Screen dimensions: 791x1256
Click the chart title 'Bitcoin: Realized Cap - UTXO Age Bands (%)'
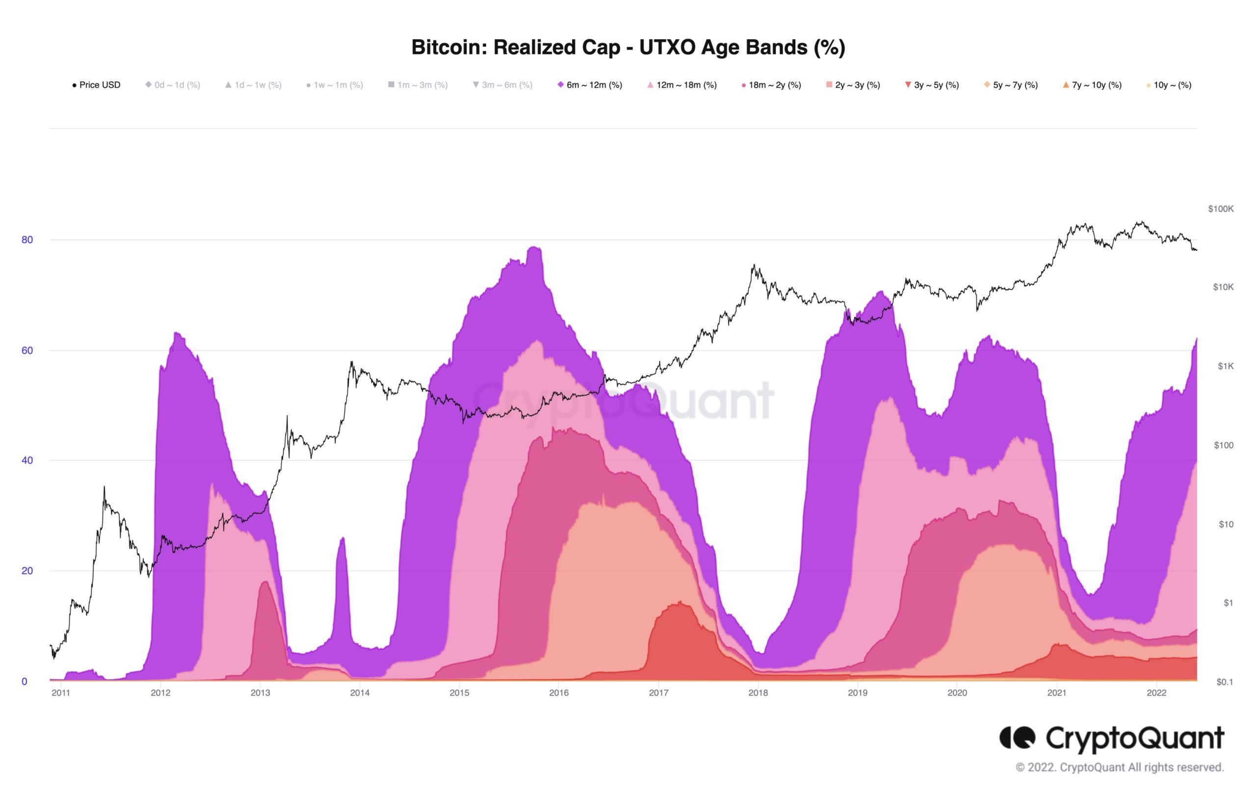tap(628, 48)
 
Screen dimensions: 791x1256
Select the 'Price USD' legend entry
tap(97, 85)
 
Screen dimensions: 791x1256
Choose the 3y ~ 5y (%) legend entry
tap(932, 85)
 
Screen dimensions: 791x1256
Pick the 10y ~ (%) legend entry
tap(1170, 85)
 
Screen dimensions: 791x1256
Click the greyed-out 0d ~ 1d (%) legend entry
tap(173, 85)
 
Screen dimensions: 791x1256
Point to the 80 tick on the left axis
tap(27, 240)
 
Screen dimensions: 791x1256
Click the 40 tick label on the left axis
tap(27, 460)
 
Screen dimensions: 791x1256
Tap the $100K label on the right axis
tap(1221, 209)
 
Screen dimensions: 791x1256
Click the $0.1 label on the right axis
tap(1225, 682)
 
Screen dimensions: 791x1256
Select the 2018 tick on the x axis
tap(758, 693)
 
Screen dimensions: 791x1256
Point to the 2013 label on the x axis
tap(260, 693)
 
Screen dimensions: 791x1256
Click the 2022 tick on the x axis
tap(1156, 693)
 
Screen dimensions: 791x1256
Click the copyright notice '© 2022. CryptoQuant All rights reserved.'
tap(1119, 767)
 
